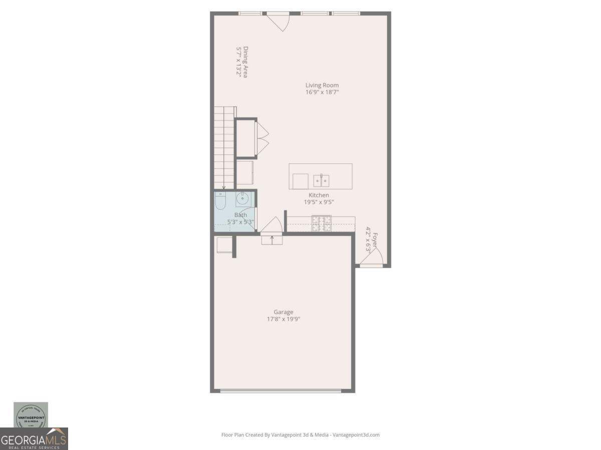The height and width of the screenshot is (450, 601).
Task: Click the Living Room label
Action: [322, 85]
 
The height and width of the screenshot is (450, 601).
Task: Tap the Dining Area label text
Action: [245, 62]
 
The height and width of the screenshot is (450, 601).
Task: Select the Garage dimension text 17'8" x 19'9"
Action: [283, 319]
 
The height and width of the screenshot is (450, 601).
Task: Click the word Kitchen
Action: [319, 195]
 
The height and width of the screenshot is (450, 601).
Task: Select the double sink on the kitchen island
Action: [321, 180]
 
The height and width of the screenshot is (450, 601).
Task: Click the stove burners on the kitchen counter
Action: [321, 223]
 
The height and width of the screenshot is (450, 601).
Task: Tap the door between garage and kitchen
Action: [271, 226]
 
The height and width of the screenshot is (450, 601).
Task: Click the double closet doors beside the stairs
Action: [261, 138]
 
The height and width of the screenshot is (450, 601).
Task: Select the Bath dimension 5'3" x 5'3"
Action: [241, 222]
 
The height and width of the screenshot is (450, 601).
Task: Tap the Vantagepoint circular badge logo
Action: [31, 415]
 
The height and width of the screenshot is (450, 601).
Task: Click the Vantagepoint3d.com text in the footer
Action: [356, 435]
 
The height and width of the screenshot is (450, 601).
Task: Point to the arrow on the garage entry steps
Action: [272, 238]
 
